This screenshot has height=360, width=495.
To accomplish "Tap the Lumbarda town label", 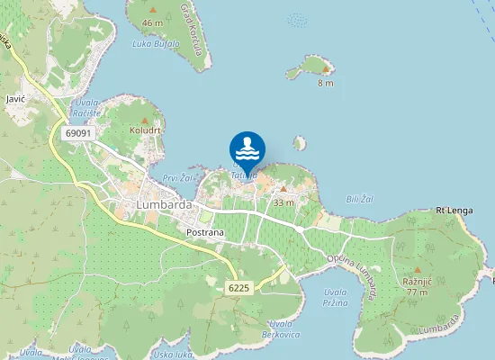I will coord(165,204).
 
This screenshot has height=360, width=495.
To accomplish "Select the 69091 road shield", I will coord(78,133).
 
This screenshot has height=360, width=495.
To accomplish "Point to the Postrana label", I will coord(204,233).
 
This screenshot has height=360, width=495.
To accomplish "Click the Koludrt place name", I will coord(144,130).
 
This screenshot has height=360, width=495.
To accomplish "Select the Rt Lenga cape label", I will coord(454,210).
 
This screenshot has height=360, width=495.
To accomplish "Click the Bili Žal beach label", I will coord(360,198).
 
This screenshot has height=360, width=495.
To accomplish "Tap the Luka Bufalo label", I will coord(156,43).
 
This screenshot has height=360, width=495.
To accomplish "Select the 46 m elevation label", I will coord(153,22).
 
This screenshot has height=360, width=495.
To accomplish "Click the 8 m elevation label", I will coord(325,83).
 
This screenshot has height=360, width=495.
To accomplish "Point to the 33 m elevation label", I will coord(283,202).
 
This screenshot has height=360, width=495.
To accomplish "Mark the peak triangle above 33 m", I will coord(283,189).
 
